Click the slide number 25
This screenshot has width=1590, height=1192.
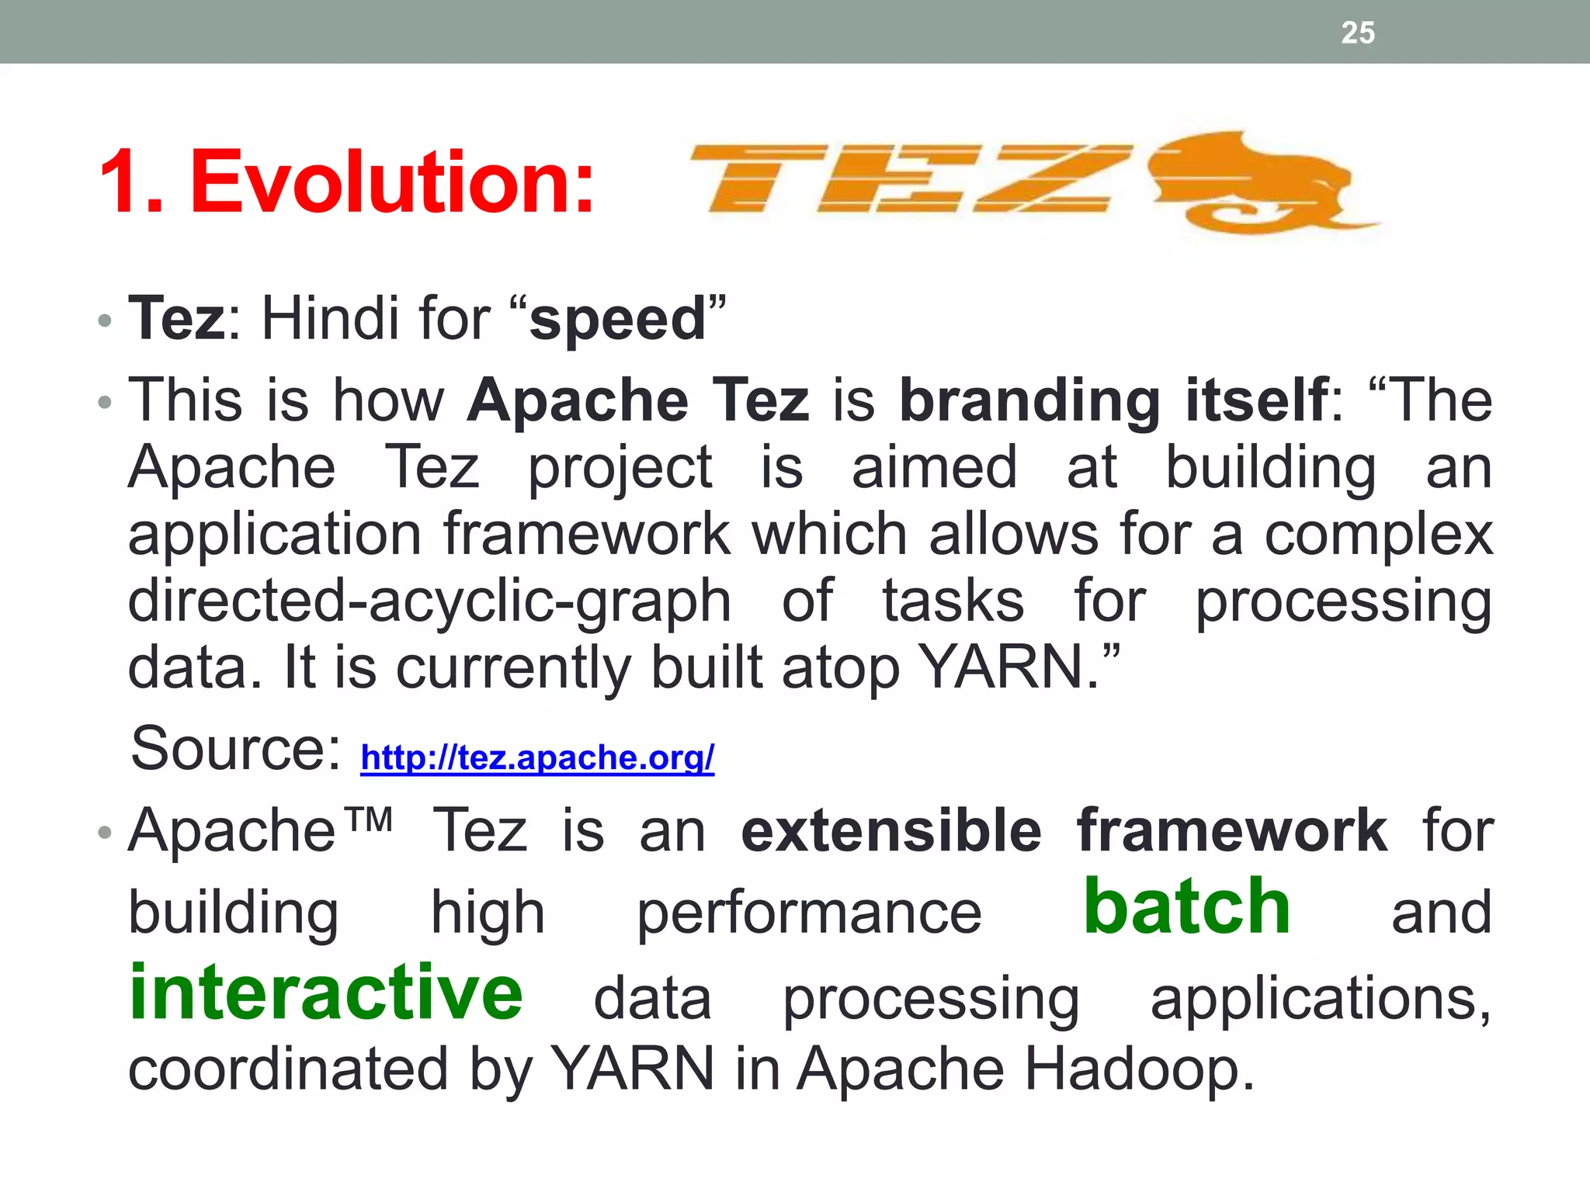pos(1357,33)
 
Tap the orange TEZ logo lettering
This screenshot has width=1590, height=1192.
pos(908,178)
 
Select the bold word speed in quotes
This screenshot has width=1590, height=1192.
pos(618,319)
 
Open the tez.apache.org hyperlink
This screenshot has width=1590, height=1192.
pos(537,757)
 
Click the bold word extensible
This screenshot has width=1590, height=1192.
pos(891,831)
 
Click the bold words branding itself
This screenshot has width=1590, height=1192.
pos(1113,401)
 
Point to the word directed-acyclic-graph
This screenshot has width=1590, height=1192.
pos(429,602)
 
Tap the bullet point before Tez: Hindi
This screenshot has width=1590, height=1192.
pos(106,321)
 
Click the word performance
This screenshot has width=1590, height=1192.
pos(809,914)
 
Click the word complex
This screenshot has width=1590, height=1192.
pos(1378,535)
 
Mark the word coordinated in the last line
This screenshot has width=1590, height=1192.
pos(287,1069)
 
